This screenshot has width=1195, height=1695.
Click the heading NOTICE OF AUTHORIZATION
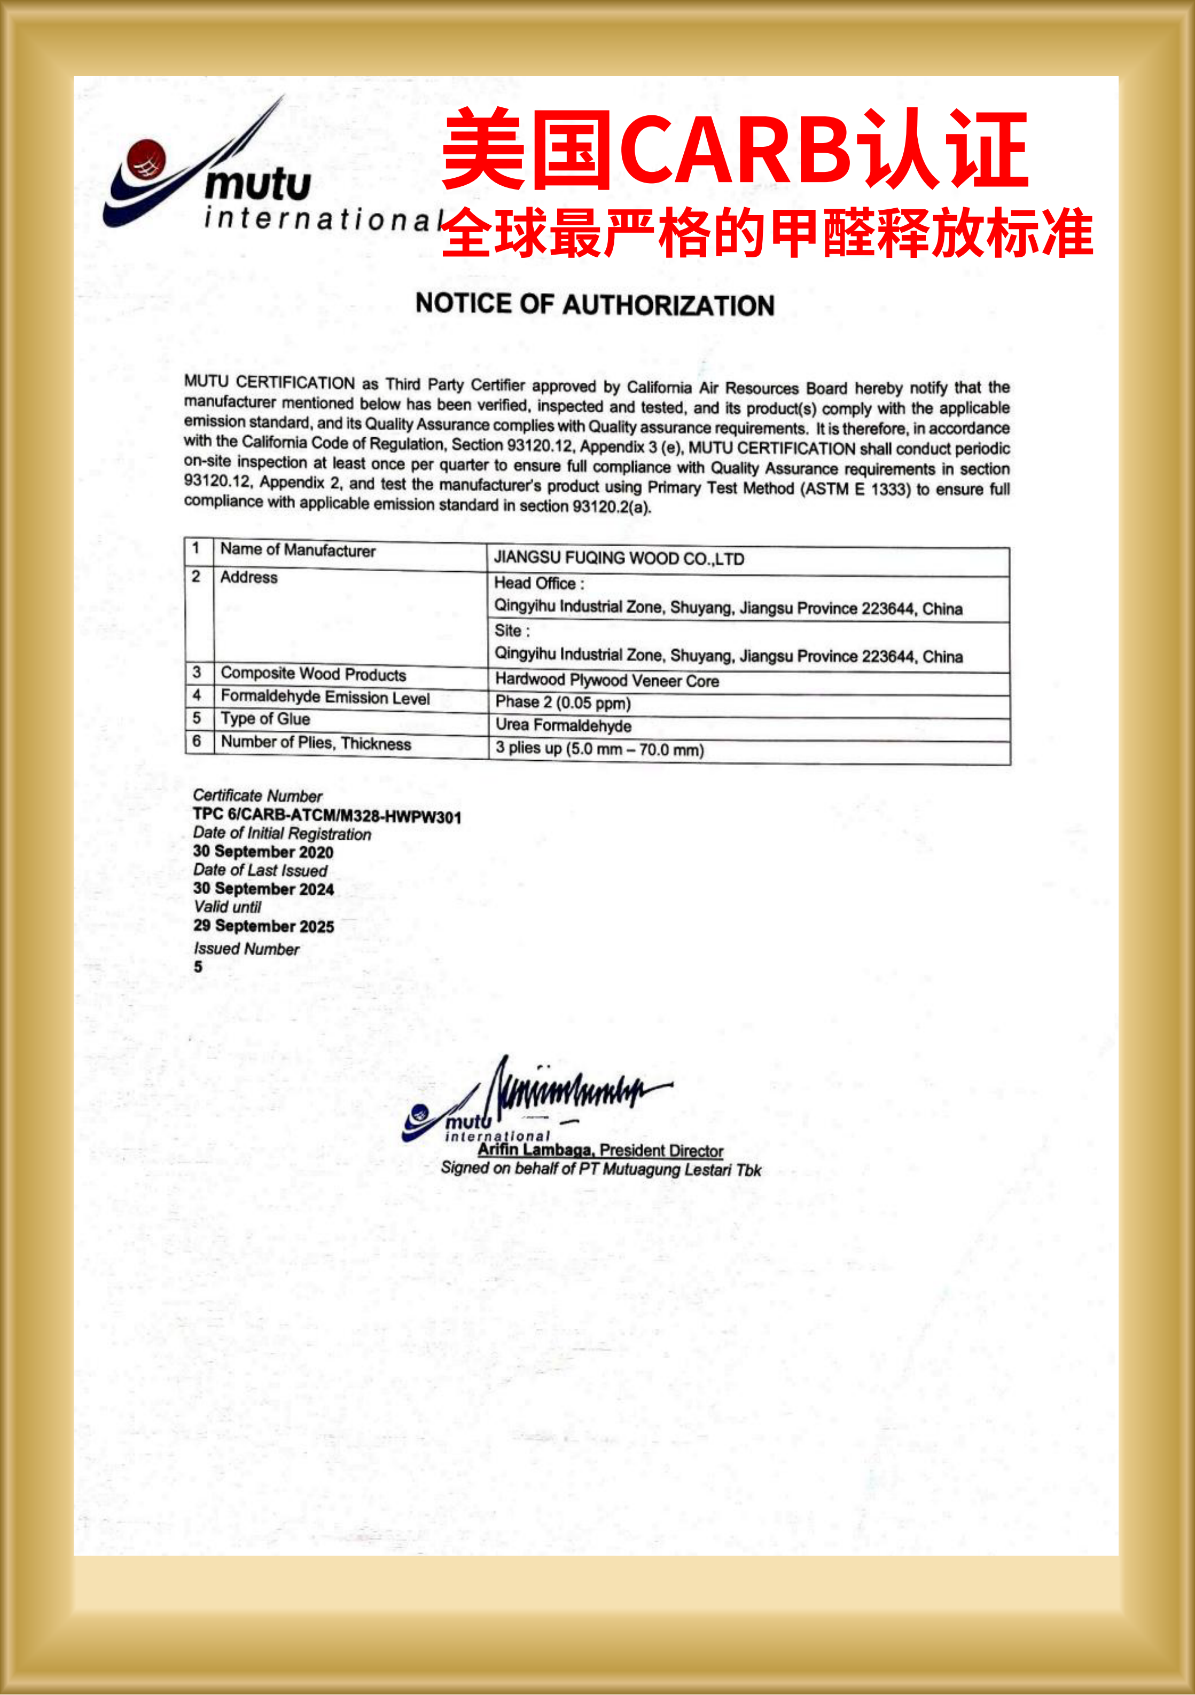tap(595, 304)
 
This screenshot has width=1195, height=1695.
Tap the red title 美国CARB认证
tap(735, 150)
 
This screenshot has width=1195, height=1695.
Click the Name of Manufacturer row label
tap(298, 550)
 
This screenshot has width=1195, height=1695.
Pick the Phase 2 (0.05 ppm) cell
tap(563, 702)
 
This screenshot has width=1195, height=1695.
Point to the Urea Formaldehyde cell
tap(563, 725)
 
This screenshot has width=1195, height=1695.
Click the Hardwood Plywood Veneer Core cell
tap(606, 680)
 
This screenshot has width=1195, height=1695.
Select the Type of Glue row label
tap(265, 719)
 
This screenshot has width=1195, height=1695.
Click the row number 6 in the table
tap(197, 740)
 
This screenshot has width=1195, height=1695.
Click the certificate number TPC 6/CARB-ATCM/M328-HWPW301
tap(326, 816)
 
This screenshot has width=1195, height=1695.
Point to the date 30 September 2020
tap(263, 852)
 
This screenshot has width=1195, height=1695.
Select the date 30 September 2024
tap(263, 889)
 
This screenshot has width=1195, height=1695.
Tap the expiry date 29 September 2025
tap(264, 926)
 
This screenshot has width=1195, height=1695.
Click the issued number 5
tap(198, 966)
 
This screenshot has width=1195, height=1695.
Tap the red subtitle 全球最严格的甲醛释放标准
tap(767, 233)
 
